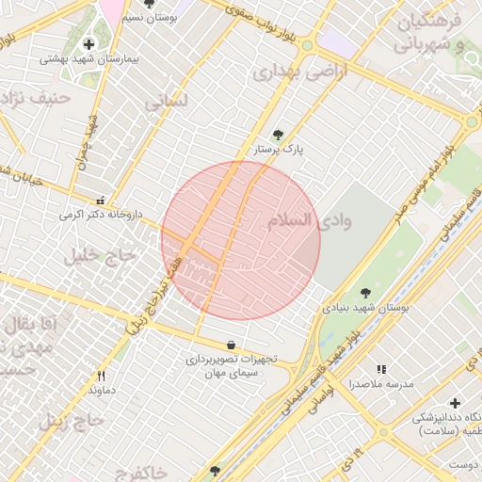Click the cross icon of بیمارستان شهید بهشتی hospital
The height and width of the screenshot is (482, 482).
pos(89,43)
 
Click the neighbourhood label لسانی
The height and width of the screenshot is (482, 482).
pos(168,100)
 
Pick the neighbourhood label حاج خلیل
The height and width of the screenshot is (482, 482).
pos(100,254)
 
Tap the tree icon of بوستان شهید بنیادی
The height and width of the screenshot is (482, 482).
pos(366,293)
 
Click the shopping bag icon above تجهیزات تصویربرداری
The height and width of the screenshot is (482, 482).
pos(232,345)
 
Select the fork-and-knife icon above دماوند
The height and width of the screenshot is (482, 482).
pos(102,376)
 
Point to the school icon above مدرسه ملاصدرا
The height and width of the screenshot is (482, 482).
pos(381,370)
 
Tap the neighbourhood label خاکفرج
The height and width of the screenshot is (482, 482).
pos(137,470)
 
